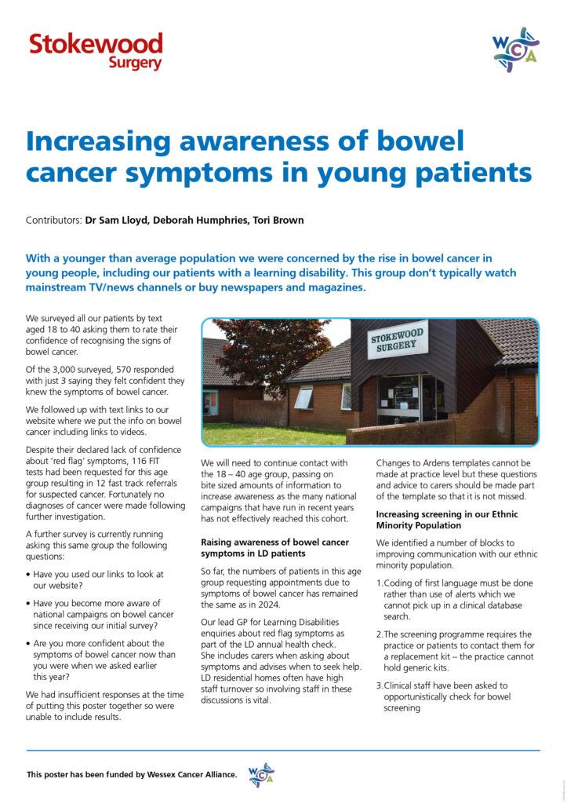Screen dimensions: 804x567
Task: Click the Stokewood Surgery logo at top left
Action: [96, 51]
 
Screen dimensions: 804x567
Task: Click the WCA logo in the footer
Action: [260, 775]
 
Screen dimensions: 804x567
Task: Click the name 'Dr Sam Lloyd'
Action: [117, 221]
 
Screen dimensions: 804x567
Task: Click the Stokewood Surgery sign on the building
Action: [398, 340]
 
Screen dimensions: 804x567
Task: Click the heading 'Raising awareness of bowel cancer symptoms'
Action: [275, 548]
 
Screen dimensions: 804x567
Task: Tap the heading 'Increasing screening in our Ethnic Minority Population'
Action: [453, 520]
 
